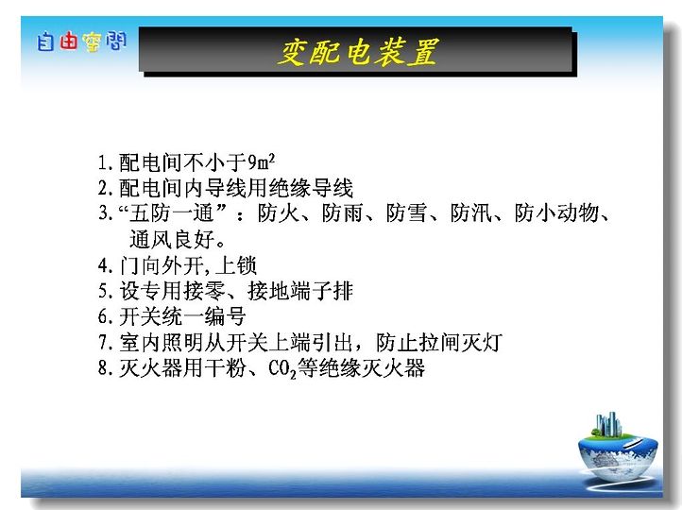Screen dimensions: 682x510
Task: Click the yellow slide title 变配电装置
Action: point(357,52)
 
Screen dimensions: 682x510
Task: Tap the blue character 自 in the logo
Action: point(45,42)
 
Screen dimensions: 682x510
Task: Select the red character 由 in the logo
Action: point(68,42)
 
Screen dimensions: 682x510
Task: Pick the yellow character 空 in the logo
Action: point(92,42)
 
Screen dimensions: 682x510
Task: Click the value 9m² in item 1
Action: point(262,162)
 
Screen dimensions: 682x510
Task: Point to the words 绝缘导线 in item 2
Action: point(311,188)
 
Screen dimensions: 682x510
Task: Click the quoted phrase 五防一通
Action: point(172,213)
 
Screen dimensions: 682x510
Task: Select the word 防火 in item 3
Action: point(279,213)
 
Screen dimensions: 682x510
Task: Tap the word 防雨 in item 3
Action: point(343,213)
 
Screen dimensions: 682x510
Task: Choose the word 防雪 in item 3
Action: point(407,213)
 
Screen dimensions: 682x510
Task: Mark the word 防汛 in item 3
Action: point(471,213)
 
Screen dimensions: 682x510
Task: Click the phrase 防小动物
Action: point(556,213)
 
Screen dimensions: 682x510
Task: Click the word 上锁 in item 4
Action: point(236,265)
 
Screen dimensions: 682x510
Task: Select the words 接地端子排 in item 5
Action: point(300,291)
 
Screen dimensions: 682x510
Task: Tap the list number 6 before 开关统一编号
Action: point(103,316)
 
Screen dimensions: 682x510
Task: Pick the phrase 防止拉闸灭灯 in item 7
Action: point(439,342)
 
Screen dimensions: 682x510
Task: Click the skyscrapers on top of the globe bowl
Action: point(608,423)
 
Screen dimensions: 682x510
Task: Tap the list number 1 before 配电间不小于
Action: point(102,162)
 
